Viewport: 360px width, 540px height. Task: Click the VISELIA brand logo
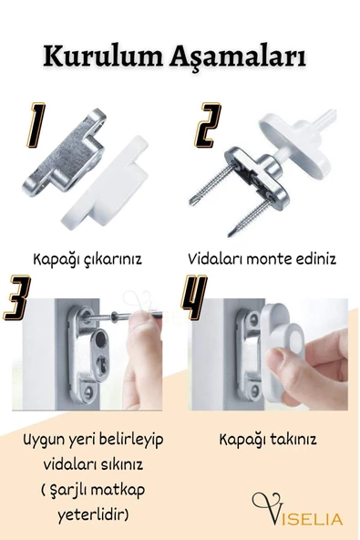tap(297, 511)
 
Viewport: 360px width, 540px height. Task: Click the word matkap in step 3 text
tap(117, 490)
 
